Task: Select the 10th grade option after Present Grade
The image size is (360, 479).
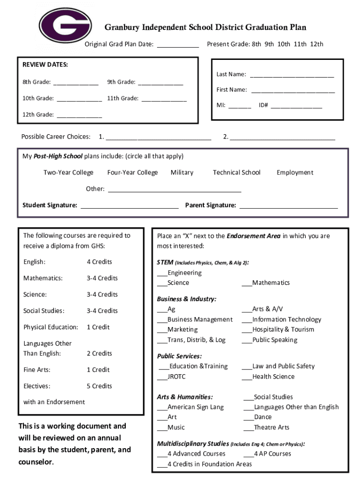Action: (284, 44)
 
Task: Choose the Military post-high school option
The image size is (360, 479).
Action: (182, 173)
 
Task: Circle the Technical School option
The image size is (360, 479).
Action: (237, 173)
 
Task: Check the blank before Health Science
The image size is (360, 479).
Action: (247, 377)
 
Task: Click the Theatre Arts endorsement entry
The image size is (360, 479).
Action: (271, 428)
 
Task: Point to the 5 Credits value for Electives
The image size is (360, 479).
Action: (99, 386)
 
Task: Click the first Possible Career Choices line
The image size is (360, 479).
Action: (158, 138)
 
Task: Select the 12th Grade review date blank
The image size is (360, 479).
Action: (79, 115)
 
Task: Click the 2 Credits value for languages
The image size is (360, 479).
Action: (99, 354)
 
